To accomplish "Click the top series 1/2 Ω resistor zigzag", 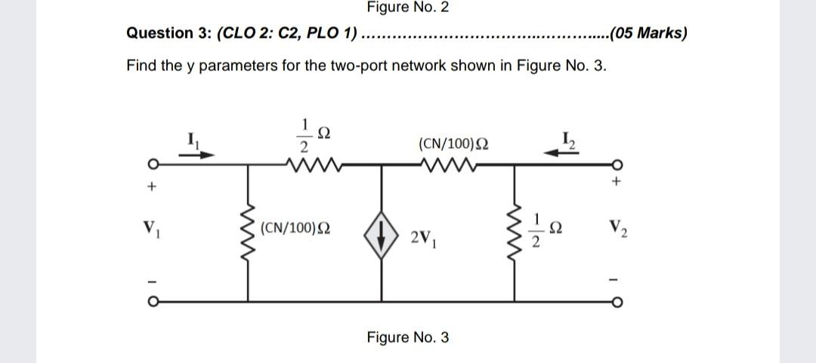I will point(310,163).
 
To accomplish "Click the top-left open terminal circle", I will point(153,164).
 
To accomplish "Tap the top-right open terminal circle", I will point(618,164).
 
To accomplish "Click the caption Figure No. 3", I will point(407,337).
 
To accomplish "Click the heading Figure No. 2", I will point(407,8).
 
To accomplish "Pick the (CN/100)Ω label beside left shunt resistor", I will point(298,226).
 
